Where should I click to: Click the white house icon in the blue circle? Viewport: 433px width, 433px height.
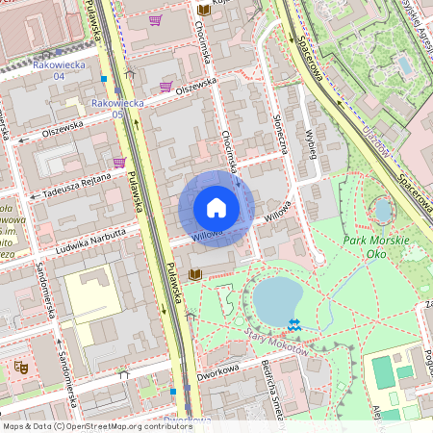pyautogui.click(x=216, y=208)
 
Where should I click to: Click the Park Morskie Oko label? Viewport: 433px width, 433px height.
pyautogui.click(x=376, y=246)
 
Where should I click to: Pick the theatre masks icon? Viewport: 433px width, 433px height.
pyautogui.click(x=18, y=366)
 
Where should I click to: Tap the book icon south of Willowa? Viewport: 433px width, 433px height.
pyautogui.click(x=195, y=275)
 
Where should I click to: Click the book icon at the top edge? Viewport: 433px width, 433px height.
pyautogui.click(x=203, y=10)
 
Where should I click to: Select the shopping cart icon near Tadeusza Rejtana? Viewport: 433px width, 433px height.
pyautogui.click(x=118, y=162)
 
